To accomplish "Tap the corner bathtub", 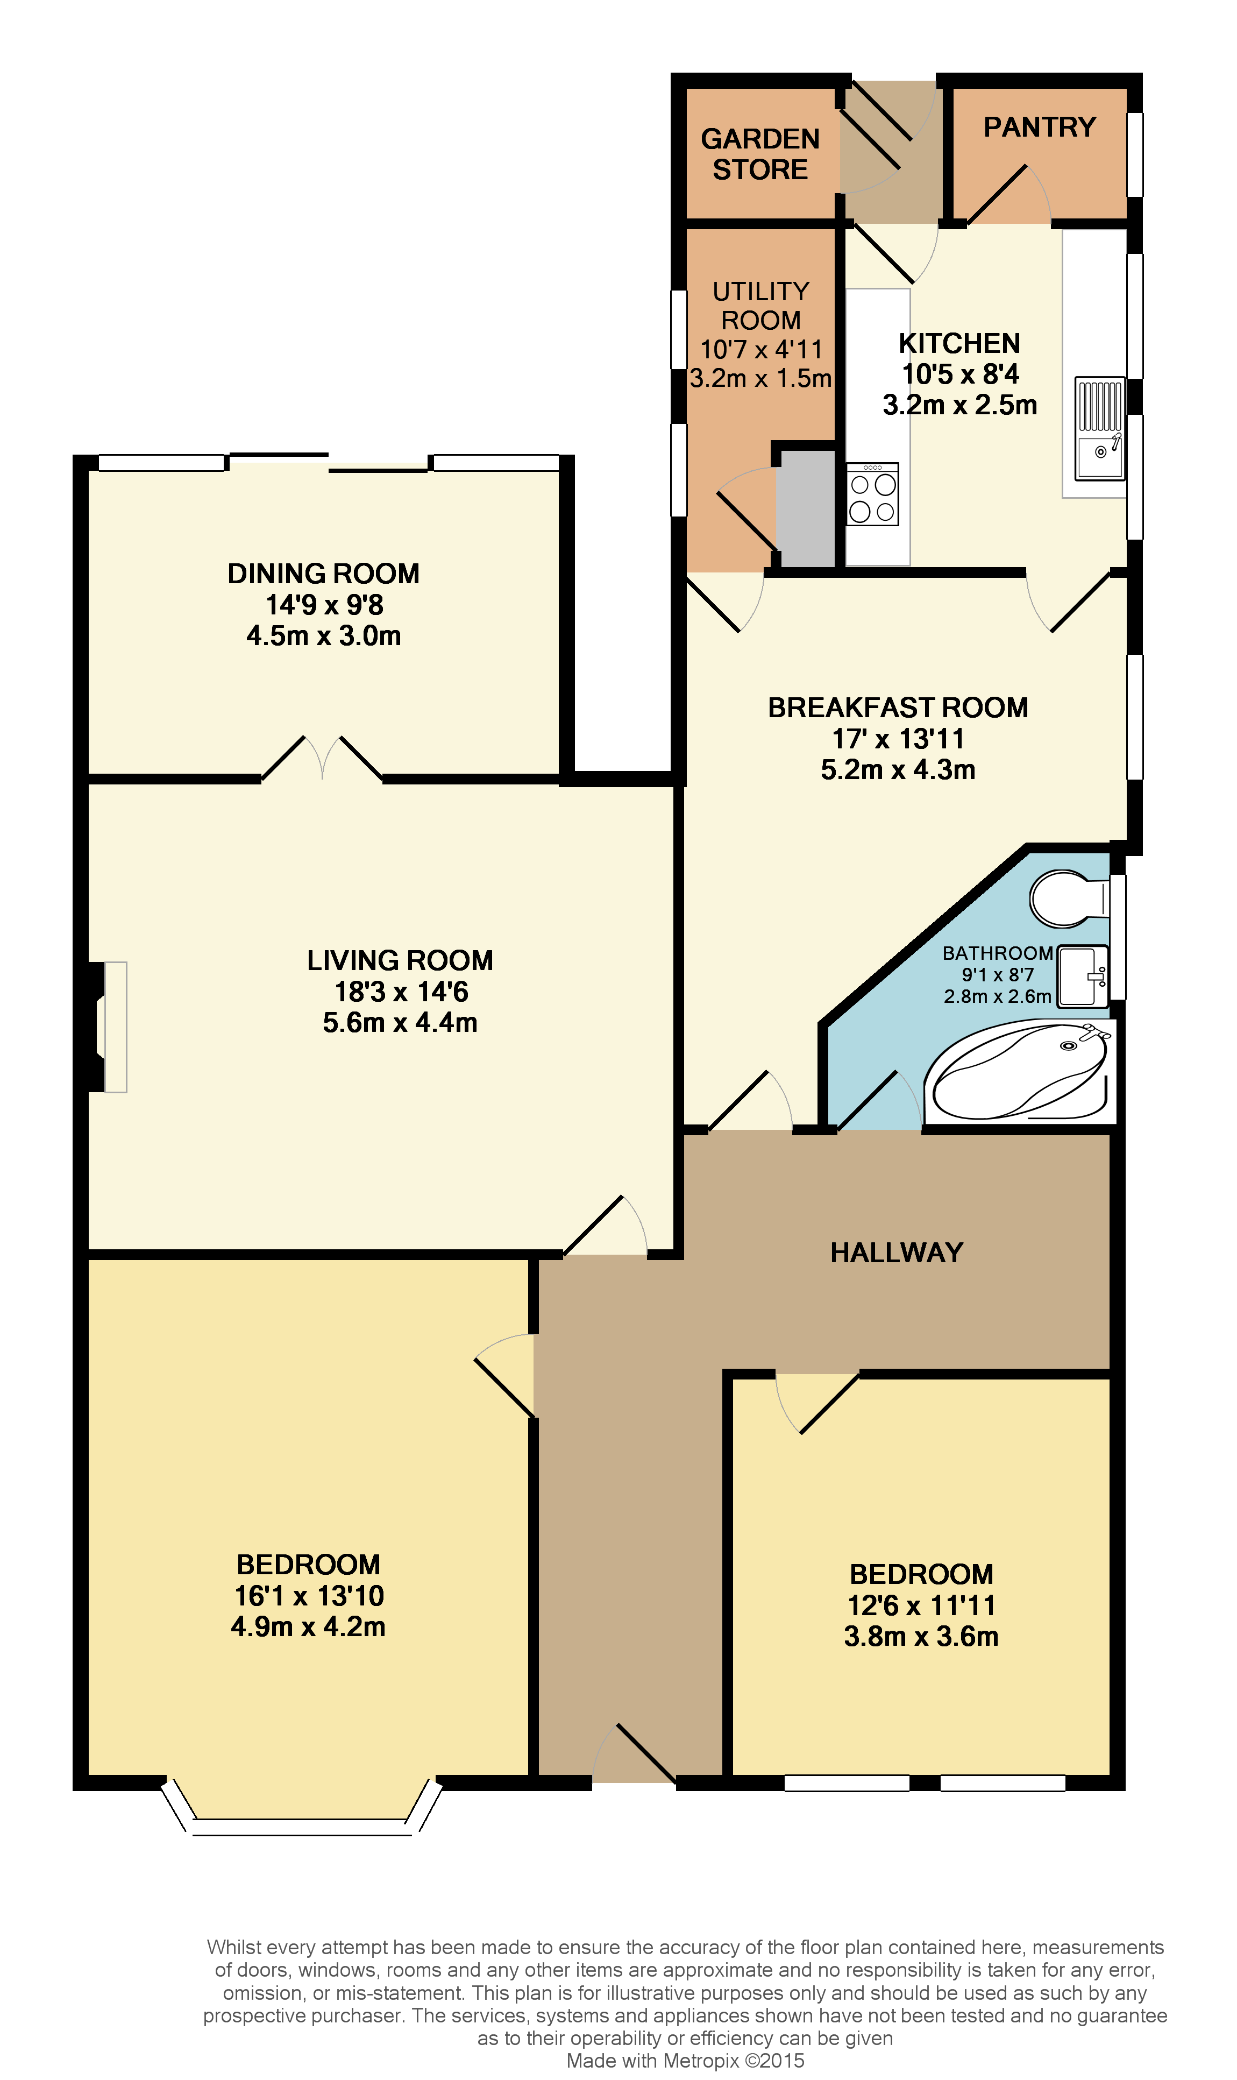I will [1019, 1073].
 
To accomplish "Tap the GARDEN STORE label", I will [759, 154].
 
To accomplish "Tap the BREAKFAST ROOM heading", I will [897, 708].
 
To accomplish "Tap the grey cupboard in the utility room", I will [805, 508].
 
